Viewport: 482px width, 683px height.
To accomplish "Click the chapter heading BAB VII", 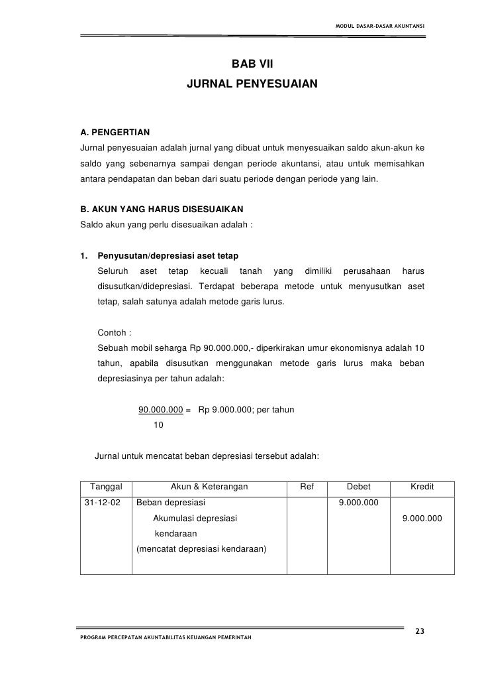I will click(x=252, y=65).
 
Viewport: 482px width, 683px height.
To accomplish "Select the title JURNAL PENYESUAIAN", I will click(x=252, y=86).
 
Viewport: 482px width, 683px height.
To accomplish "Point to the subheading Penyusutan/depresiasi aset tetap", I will click(x=168, y=257).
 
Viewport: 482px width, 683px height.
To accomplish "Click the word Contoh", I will click(x=115, y=332).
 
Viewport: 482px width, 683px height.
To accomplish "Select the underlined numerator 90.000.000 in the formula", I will click(x=160, y=410).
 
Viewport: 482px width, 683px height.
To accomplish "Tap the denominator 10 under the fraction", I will click(x=158, y=425).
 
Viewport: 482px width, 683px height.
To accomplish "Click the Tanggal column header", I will click(x=106, y=487).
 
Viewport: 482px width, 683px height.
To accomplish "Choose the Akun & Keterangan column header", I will click(x=209, y=487).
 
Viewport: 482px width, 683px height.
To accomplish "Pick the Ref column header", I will click(x=307, y=487).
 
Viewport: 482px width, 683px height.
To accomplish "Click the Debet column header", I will click(x=359, y=487).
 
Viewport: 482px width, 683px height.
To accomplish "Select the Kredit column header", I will click(x=422, y=487).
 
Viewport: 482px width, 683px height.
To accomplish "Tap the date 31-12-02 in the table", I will click(x=103, y=503).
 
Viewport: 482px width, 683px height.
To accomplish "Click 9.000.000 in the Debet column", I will click(x=358, y=503).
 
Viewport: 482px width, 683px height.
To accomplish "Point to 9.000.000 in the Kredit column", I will click(x=422, y=518).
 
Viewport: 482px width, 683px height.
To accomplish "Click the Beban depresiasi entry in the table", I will click(x=171, y=503).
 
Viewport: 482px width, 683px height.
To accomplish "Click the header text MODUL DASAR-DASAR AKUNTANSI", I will click(x=381, y=27).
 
